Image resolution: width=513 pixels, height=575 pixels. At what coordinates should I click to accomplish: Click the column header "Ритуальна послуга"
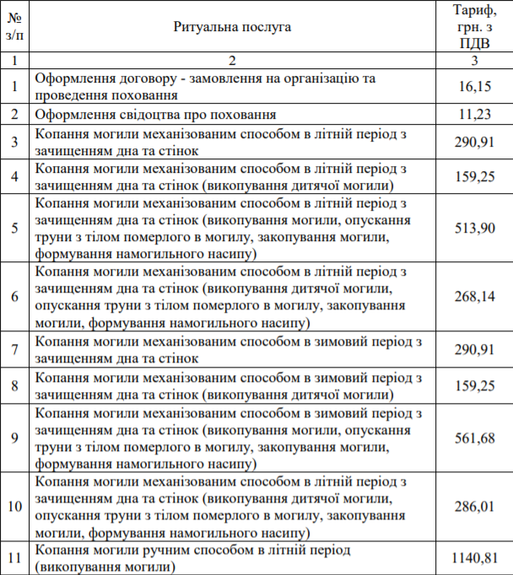coord(232,27)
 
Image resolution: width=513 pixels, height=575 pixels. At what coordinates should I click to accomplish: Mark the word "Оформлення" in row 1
coord(74,78)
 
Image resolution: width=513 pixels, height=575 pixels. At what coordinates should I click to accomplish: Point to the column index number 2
coord(232,61)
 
